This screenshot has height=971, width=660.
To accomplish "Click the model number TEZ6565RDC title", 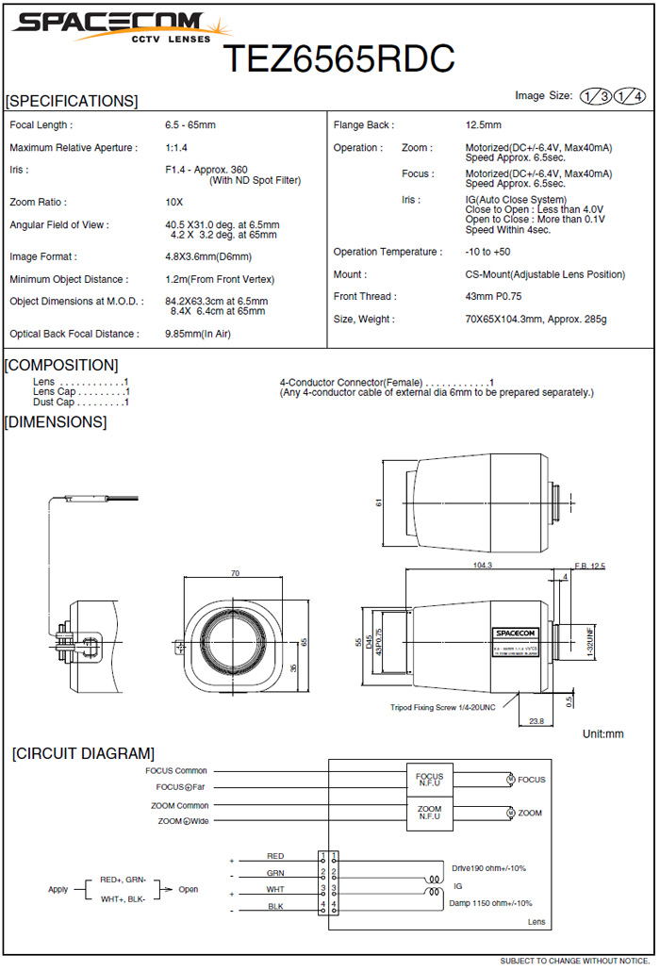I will pos(338,58).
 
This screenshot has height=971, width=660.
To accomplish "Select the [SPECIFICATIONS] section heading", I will pos(72,101).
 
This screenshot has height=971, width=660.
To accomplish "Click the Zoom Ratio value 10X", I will pos(174,203).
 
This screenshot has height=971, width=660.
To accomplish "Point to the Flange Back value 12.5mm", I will pos(484,125).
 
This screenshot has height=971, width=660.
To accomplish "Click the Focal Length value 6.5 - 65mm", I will pos(190,125).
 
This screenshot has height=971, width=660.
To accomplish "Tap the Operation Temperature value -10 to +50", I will pos(487,252).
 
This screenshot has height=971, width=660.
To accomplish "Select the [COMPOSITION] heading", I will pos(62,365).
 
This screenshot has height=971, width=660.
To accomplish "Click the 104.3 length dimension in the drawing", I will pos(482,565).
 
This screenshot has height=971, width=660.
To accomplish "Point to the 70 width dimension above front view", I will pos(235,573).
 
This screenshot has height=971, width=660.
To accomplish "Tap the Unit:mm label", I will pos(602,733).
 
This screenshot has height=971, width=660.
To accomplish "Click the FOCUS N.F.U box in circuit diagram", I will pos(429,780).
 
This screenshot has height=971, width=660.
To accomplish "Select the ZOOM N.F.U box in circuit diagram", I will pos(429,813).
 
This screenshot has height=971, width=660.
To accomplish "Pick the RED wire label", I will pos(275,856).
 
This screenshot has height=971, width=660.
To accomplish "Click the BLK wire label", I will pos(275,906).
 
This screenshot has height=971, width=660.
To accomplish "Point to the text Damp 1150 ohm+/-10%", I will pos(491,903).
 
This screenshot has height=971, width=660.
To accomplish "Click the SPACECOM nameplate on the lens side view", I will pos(516,634).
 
